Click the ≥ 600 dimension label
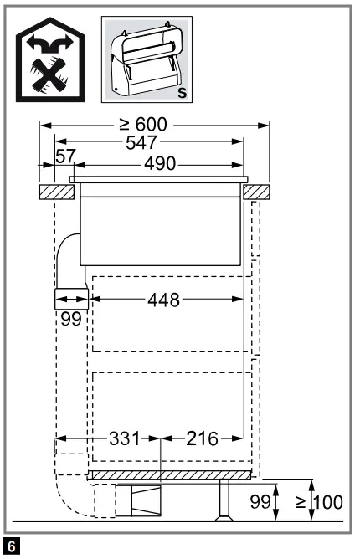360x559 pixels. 143,126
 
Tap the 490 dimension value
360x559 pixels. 158,163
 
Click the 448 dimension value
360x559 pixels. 164,300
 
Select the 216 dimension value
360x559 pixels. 202,438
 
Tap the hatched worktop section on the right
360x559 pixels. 258,192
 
